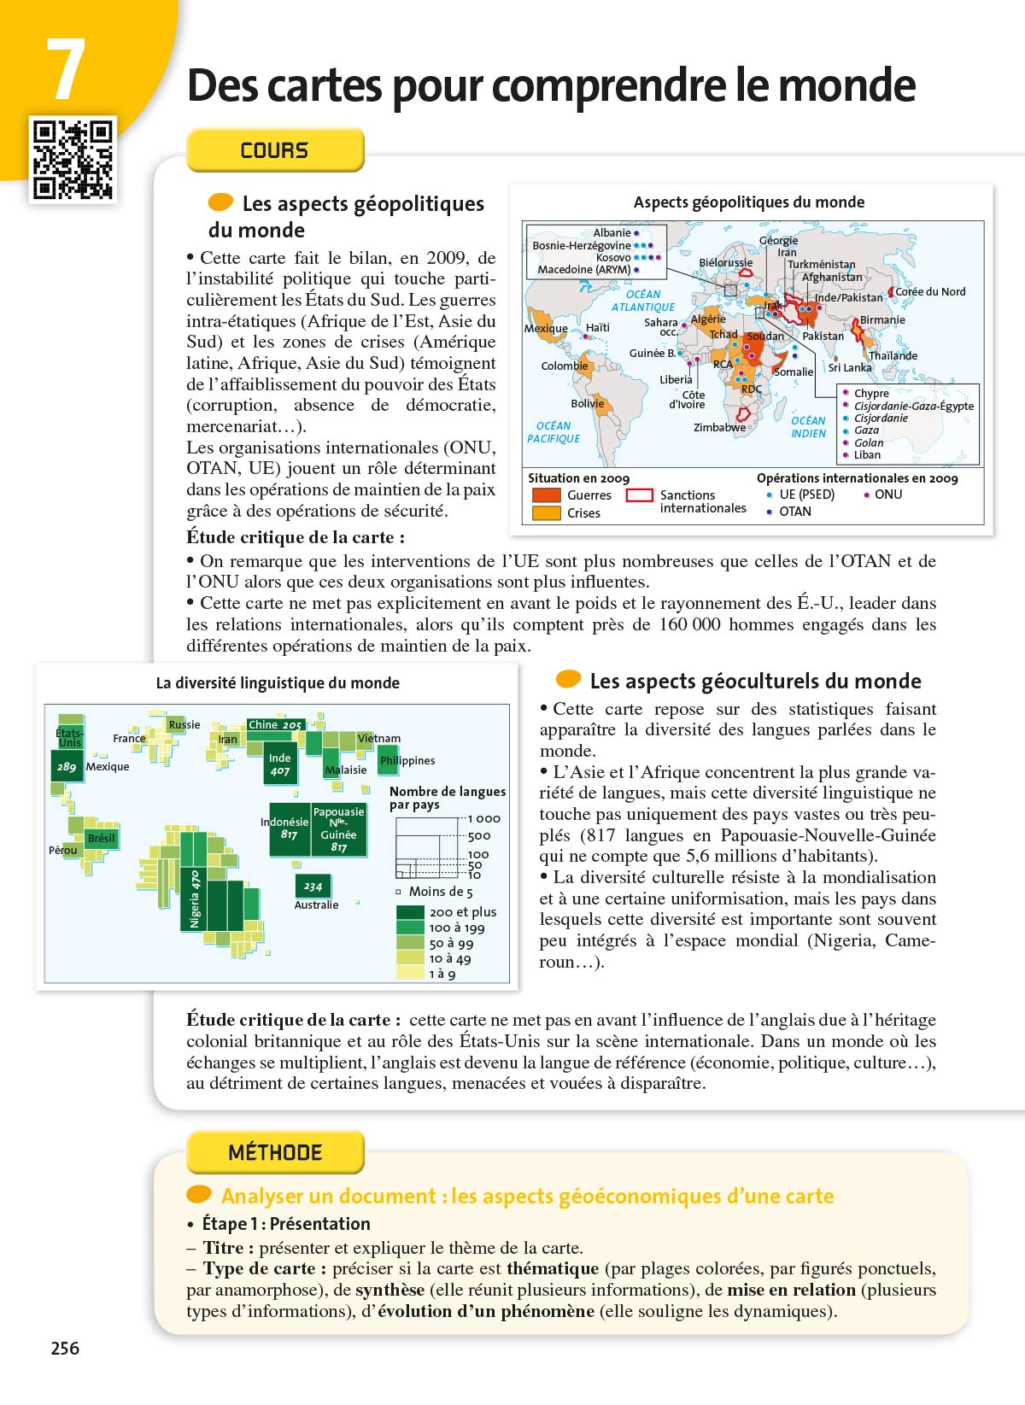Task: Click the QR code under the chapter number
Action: coord(73,160)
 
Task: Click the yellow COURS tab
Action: coord(275,150)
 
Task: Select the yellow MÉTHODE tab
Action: coord(275,1152)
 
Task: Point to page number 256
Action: coord(65,1348)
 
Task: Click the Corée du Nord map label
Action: coord(930,291)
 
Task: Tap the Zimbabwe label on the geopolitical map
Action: coord(719,427)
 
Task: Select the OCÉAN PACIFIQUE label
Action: coord(553,432)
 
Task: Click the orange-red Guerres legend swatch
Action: coord(546,495)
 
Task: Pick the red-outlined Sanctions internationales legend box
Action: coord(640,495)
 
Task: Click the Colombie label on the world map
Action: coord(564,366)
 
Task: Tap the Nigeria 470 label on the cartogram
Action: coord(195,899)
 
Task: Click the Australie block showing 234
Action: coord(313,886)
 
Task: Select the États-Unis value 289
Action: coord(67,767)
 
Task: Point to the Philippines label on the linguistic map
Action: coord(407,760)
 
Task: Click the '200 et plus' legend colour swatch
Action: coord(411,912)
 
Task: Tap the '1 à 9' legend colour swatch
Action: coord(411,974)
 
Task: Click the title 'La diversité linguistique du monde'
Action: coord(278,682)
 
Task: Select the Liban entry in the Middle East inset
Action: coord(867,454)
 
